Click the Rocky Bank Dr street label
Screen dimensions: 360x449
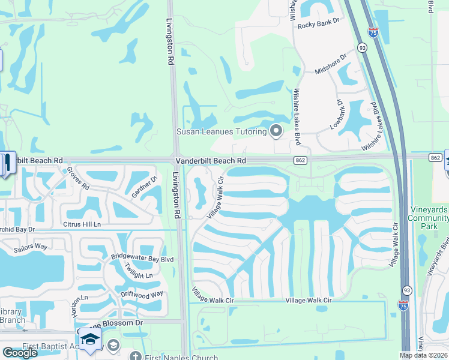click(x=319, y=24)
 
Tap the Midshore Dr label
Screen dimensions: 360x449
click(x=331, y=64)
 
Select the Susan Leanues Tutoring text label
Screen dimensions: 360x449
click(x=221, y=131)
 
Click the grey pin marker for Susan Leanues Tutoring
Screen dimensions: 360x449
click(x=276, y=130)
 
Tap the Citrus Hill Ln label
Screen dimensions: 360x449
click(x=81, y=224)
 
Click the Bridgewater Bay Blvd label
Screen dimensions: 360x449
click(x=142, y=259)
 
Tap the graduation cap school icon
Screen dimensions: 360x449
click(x=90, y=340)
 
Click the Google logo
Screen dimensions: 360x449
click(x=19, y=353)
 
